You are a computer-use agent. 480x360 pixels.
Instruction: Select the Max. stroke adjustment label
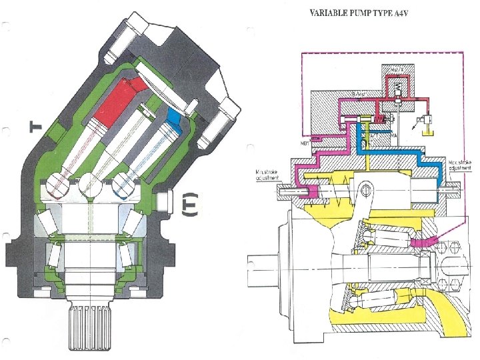(461, 165)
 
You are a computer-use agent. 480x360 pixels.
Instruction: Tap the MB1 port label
(307, 142)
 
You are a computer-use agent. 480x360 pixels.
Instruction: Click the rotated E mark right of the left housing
(189, 204)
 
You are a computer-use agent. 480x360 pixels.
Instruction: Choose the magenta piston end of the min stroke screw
(308, 192)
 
